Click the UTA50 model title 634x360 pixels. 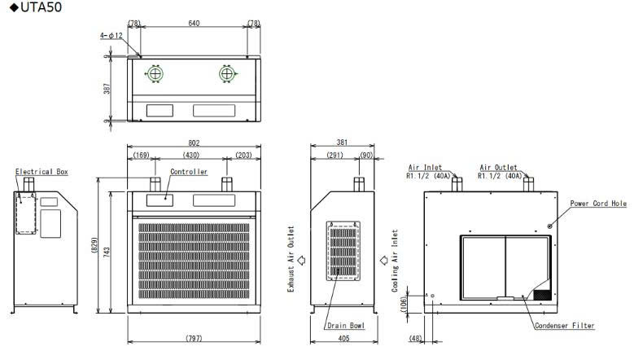coord(36,7)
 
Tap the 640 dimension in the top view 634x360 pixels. coord(194,23)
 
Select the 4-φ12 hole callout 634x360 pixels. coord(111,36)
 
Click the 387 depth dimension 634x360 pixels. coord(107,89)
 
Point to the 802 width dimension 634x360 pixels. coord(194,143)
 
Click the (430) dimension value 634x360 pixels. coord(190,155)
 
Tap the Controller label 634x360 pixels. coord(189,172)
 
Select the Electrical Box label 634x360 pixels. coord(42,172)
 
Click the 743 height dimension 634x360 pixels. coord(107,252)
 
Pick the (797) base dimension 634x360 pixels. coord(194,338)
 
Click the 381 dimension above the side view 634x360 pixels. coord(342,143)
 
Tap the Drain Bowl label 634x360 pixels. coord(346,325)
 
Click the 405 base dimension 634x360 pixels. coord(343,338)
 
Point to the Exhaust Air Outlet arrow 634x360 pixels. coord(301,261)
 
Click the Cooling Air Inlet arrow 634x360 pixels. coord(383,261)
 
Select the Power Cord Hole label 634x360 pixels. coord(598,204)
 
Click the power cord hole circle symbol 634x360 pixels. coord(549,226)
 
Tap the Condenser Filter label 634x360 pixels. coord(565,326)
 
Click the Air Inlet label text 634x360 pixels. coord(425,167)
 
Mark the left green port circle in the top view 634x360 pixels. coord(155,66)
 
